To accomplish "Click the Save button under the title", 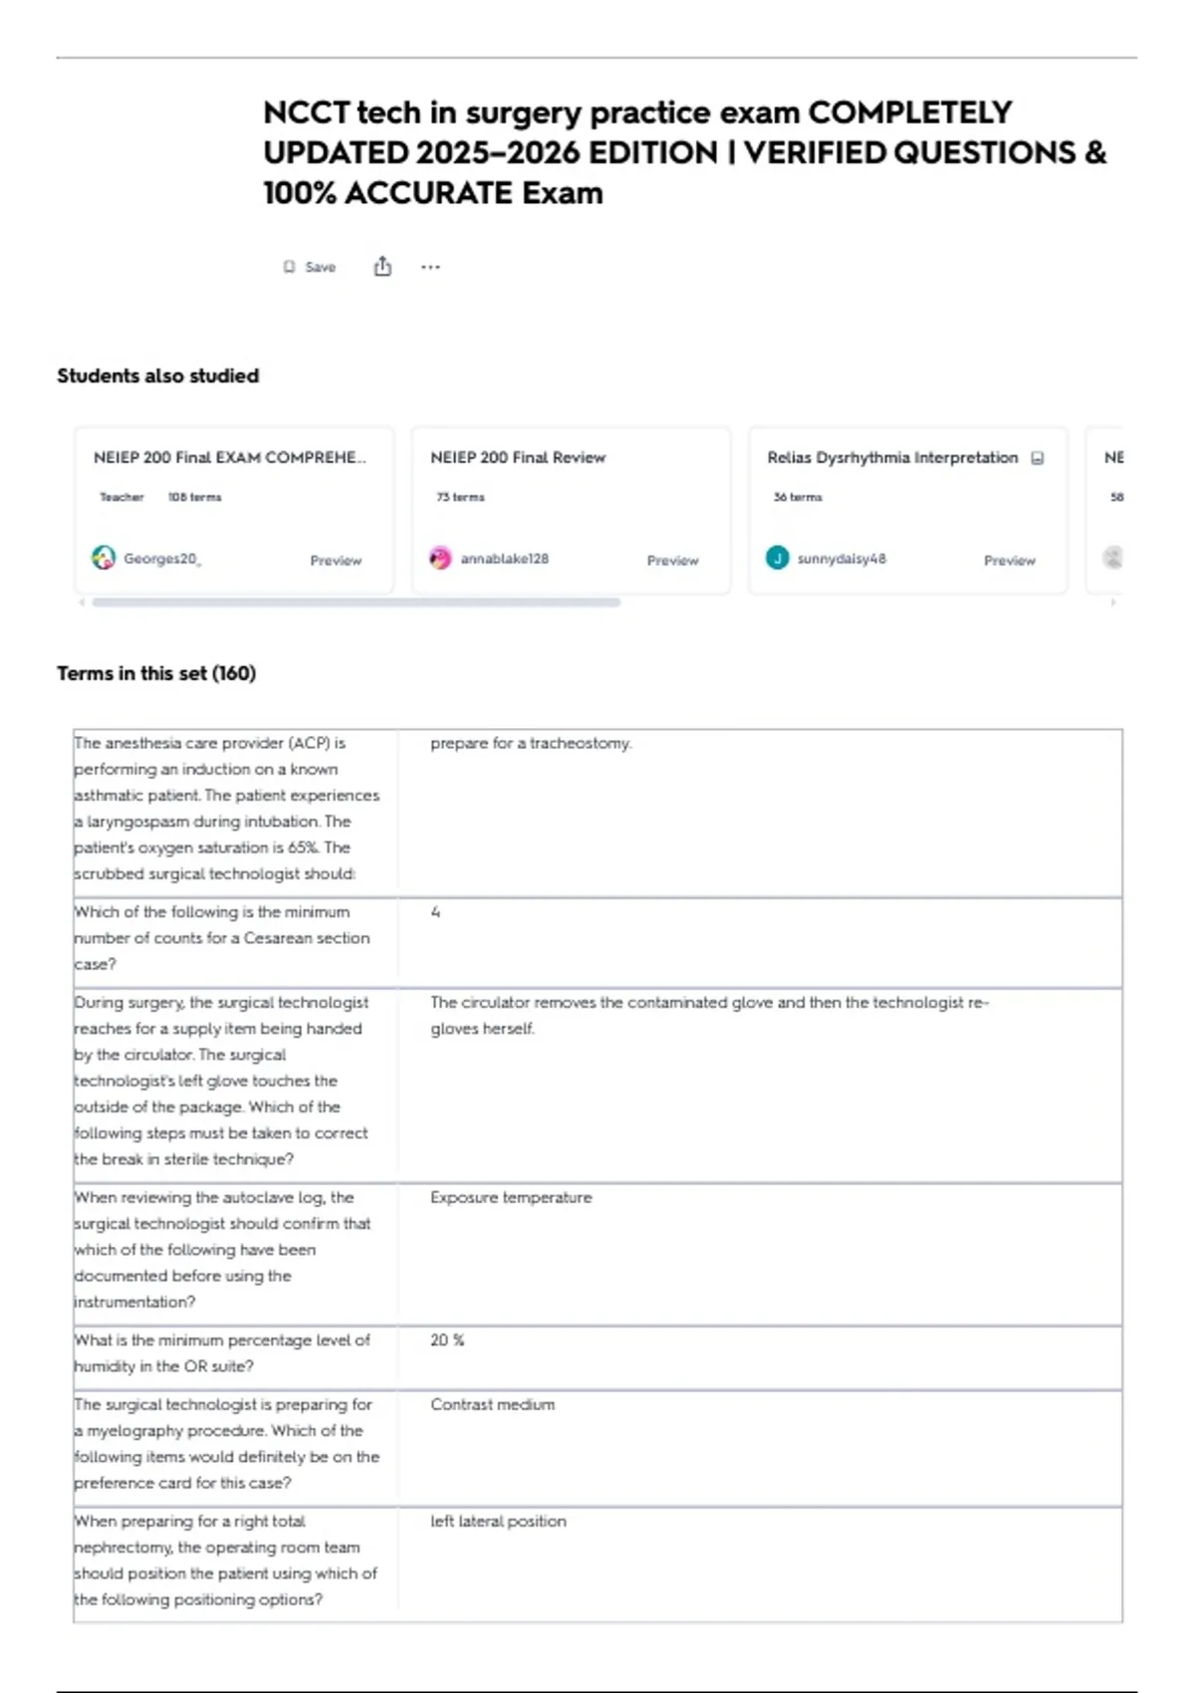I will coord(310,267).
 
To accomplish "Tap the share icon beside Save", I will coord(382,267).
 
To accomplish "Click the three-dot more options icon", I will coord(430,267).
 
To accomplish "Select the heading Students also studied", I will coord(157,375).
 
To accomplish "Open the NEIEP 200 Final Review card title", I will coord(518,457).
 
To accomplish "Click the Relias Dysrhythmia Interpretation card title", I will coord(892,457).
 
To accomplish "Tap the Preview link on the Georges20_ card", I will coord(336,561).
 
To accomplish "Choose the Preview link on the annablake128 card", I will coord(672,561).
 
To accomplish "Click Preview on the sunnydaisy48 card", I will coord(1009,561).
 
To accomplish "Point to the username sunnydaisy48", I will coord(841,559).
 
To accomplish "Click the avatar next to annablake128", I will coord(440,559).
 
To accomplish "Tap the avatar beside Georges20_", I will coord(104,559).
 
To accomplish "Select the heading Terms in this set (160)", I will coord(156,673).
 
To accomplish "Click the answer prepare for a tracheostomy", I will coord(531,743).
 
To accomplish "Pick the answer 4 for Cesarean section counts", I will coord(435,912).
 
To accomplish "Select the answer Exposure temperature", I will coord(511,1197).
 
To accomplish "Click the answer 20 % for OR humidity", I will coord(447,1340).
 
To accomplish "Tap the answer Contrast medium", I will coord(493,1404).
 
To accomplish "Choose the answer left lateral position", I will coord(498,1521).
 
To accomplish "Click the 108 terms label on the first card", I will coord(194,497).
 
